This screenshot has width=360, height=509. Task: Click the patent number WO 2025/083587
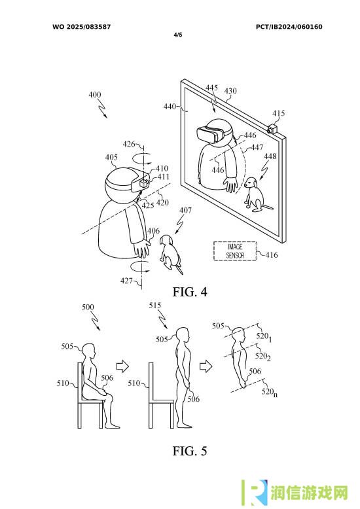pyautogui.click(x=82, y=27)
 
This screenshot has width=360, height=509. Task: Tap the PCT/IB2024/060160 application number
pyautogui.click(x=289, y=27)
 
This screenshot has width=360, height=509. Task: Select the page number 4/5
pyautogui.click(x=178, y=35)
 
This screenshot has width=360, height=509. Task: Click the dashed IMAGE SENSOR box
pyautogui.click(x=235, y=251)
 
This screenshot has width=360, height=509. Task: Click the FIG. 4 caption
pyautogui.click(x=190, y=292)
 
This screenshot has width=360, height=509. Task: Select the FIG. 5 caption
pyautogui.click(x=190, y=451)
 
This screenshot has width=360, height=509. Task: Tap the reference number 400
pyautogui.click(x=94, y=95)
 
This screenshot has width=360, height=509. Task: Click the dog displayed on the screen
pyautogui.click(x=256, y=194)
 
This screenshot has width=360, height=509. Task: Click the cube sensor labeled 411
pyautogui.click(x=143, y=183)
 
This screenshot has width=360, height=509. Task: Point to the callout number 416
pyautogui.click(x=272, y=254)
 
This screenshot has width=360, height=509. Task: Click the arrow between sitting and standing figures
pyautogui.click(x=122, y=366)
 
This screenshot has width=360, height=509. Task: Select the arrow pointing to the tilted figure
pyautogui.click(x=206, y=366)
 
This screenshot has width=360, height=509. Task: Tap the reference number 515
pyautogui.click(x=155, y=306)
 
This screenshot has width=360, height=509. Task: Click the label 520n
pyautogui.click(x=270, y=392)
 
